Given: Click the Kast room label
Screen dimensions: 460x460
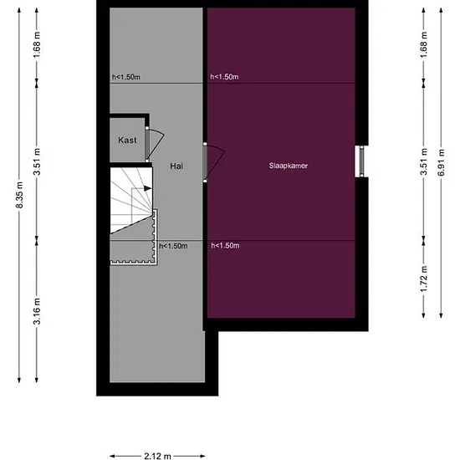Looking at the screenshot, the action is point(127,141).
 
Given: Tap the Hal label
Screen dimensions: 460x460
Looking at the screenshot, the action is point(176,166).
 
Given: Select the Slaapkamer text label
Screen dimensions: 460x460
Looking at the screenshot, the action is point(289,166).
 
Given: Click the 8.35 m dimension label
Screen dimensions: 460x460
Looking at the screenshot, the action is point(19,195).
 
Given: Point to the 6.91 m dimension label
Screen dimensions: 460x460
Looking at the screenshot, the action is point(441,162).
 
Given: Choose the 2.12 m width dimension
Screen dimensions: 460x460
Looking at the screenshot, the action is point(157,456).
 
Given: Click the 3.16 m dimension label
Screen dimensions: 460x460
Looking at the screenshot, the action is point(37,311).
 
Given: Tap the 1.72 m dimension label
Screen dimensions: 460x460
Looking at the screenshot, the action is point(424,279).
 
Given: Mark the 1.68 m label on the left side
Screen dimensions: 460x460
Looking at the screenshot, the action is point(37,45).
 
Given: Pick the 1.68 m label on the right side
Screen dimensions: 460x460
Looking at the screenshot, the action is point(424,45).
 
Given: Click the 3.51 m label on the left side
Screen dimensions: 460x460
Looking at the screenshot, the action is point(37,162).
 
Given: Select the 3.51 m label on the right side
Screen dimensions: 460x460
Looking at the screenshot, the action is point(424,162).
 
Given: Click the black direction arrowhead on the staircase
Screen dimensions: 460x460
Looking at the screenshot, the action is point(147,188).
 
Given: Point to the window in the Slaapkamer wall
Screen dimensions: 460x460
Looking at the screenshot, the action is point(361,161).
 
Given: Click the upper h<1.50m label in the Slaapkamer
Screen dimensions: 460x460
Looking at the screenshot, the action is point(224,77).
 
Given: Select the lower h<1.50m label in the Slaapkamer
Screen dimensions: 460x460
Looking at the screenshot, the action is point(225,246).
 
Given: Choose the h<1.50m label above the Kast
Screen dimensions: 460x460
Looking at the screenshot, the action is point(126,77).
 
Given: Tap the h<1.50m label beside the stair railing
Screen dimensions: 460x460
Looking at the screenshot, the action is point(173,246).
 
